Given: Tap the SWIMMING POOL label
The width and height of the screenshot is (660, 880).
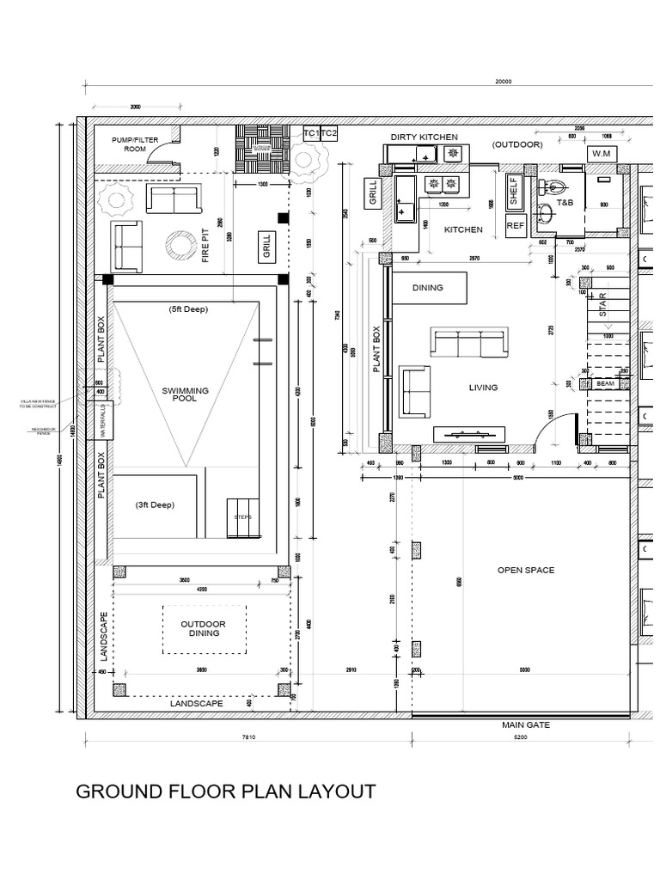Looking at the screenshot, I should point(186,394).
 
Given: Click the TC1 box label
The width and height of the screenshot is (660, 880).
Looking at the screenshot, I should point(310,135).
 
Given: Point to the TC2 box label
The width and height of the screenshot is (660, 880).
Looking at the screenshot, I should point(329,135).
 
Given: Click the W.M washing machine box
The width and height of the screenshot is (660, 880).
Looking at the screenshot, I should point(600,153).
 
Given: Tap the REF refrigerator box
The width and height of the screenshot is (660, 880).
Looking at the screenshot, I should point(516,226).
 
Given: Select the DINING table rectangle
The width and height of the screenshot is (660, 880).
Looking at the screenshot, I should point(429,287).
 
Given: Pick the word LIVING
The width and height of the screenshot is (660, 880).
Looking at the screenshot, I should point(483,388).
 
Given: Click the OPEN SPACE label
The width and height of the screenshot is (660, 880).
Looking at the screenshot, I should point(526,570).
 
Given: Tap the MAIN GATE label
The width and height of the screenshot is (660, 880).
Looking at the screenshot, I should point(526,725).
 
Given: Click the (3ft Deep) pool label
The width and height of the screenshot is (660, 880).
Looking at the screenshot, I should point(155,505).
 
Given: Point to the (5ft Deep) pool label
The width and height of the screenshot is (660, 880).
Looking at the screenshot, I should point(188,309).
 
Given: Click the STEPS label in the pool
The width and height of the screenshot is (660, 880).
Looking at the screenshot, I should point(241,517).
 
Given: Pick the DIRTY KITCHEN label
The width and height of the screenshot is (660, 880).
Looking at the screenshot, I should point(425,137).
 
